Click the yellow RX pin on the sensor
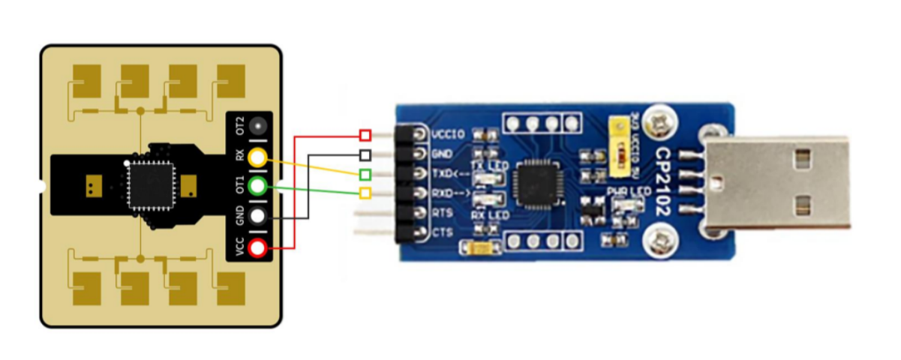point(258,157)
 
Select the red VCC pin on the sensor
point(258,247)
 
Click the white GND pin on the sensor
point(258,217)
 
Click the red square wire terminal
point(365,135)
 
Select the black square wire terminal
point(365,155)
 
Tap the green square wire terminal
point(365,175)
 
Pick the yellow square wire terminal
point(365,194)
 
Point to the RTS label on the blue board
point(443,214)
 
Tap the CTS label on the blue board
point(443,233)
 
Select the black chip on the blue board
point(533,185)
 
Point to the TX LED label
point(488,166)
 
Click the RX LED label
point(488,215)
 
